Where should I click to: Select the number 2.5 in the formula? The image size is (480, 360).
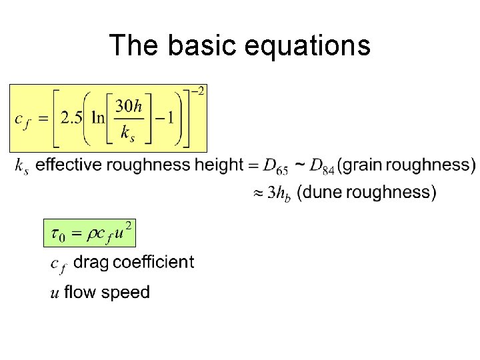pyautogui.click(x=71, y=118)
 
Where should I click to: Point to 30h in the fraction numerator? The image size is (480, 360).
pyautogui.click(x=127, y=105)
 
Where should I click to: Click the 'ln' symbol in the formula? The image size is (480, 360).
pyautogui.click(x=99, y=118)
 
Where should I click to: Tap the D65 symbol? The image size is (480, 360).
pyautogui.click(x=275, y=166)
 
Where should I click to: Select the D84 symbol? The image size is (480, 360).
pyautogui.click(x=322, y=166)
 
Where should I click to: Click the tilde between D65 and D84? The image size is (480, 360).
pyautogui.click(x=301, y=163)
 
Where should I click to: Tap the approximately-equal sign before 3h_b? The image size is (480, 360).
pyautogui.click(x=257, y=193)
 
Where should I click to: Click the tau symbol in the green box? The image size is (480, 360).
pyautogui.click(x=57, y=235)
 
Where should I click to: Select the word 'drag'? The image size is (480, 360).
pyautogui.click(x=91, y=263)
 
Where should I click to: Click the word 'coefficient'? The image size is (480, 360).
pyautogui.click(x=154, y=261)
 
